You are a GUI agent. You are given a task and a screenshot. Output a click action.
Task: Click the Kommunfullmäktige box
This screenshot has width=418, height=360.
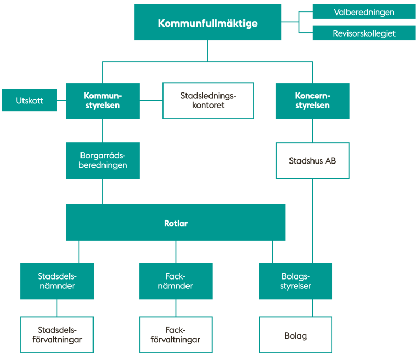coord(207,22)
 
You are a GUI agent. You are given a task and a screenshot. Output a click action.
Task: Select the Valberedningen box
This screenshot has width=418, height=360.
coord(364,11)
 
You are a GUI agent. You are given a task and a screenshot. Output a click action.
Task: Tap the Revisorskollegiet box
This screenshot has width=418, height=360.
coord(364,33)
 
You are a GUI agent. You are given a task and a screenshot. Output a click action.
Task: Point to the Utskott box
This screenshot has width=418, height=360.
coord(30,100)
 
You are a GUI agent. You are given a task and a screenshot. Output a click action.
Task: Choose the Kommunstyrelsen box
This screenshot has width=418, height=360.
coord(102,101)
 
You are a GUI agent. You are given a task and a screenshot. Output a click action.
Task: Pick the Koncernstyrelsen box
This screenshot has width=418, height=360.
coord(312,101)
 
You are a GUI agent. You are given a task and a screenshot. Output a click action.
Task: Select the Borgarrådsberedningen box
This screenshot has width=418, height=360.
coord(102,160)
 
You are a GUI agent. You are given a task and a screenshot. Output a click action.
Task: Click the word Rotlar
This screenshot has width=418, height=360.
coord(176,223)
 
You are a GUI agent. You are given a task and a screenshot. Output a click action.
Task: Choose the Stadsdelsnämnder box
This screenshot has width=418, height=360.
coord(57,281)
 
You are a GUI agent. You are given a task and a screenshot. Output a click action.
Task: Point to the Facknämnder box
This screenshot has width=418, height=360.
coord(176,281)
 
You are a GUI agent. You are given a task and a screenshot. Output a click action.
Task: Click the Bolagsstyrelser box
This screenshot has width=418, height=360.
coord(296,281)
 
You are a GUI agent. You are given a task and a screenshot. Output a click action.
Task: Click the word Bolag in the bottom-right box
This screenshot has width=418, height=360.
coord(296,336)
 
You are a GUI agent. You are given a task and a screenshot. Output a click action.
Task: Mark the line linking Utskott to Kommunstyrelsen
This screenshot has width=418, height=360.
coord(62,100)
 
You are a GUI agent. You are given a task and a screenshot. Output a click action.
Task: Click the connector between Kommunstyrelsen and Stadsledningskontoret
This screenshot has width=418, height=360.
coord(151,100)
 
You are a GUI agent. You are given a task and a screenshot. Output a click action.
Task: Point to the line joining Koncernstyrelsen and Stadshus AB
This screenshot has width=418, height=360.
coord(312,131)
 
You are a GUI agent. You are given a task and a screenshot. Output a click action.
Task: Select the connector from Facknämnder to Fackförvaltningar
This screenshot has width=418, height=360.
coord(176,308)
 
